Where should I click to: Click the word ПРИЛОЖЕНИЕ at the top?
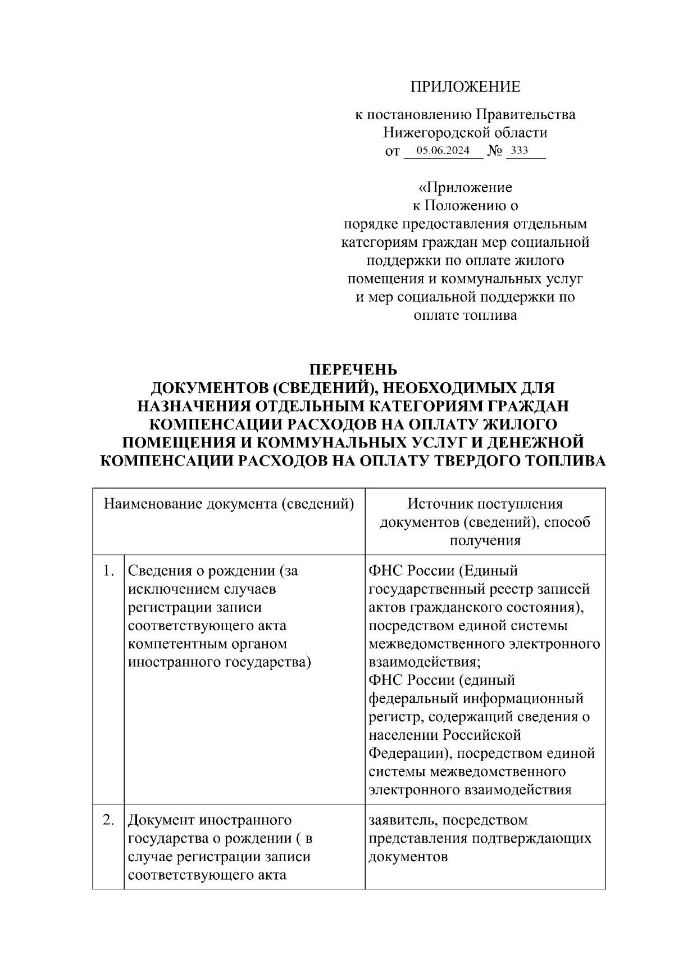(465, 87)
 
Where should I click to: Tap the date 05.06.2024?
(443, 151)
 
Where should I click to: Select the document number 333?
(520, 151)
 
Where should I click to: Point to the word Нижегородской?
(431, 133)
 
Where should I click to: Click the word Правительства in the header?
(526, 115)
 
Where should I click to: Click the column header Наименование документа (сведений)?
(229, 504)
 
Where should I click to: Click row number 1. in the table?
(109, 571)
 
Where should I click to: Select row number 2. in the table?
(109, 820)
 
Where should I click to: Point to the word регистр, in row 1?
(393, 717)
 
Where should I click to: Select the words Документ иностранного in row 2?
(210, 820)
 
